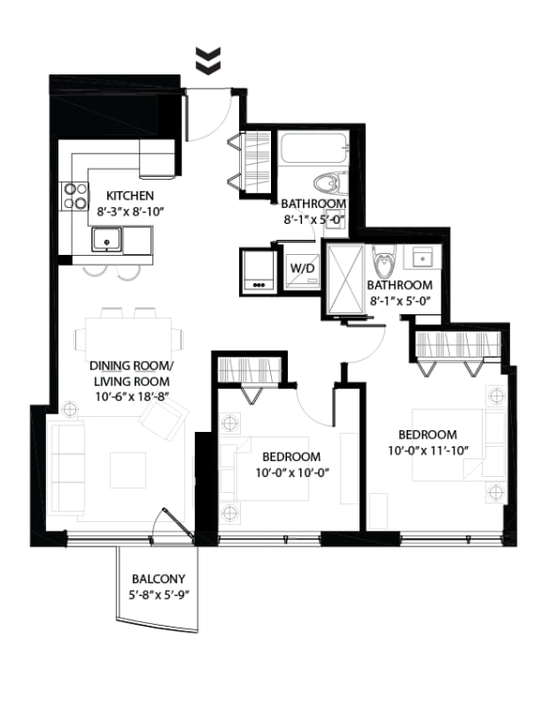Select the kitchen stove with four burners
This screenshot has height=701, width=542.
tap(74, 196)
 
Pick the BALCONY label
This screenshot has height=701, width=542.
tap(158, 579)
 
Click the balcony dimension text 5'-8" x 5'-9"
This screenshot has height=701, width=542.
tap(158, 596)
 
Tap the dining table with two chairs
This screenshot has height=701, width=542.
tap(131, 332)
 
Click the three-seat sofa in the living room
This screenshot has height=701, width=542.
tap(68, 467)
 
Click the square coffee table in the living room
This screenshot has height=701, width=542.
tap(127, 470)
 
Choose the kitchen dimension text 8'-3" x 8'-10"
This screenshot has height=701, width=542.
tap(131, 212)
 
